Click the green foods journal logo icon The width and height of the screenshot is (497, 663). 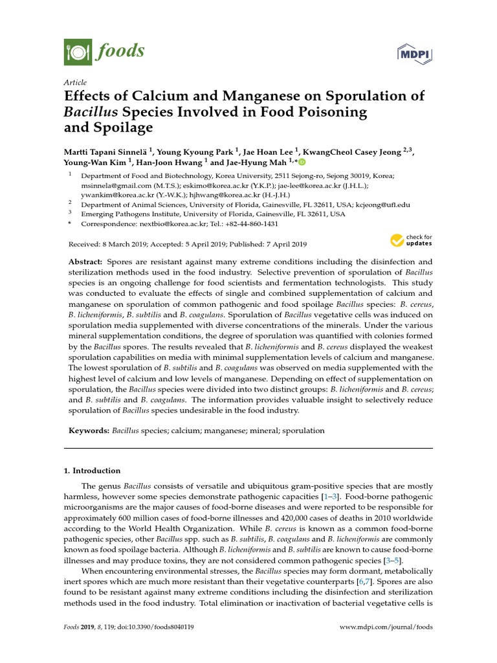click(x=78, y=52)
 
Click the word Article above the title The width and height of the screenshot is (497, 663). click(x=74, y=83)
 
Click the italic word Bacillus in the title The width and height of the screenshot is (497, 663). click(x=89, y=112)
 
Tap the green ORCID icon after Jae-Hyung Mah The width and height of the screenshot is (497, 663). click(x=302, y=162)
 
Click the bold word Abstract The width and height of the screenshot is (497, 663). click(x=85, y=262)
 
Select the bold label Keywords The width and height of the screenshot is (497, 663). click(x=89, y=430)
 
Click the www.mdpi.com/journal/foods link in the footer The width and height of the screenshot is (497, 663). click(x=386, y=627)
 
